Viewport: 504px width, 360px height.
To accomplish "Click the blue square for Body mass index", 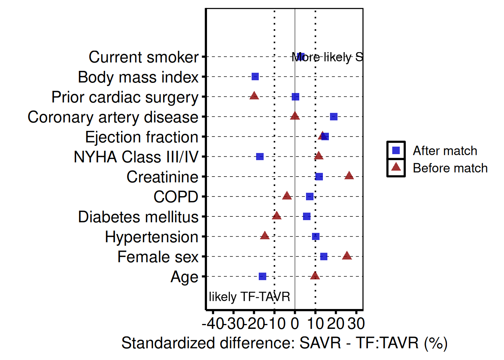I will (x=255, y=76).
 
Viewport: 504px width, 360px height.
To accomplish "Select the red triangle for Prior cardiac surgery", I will (x=254, y=96).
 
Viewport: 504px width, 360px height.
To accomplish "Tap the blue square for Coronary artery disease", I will (x=333, y=117).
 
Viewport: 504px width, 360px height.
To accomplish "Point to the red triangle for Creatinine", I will (x=349, y=175).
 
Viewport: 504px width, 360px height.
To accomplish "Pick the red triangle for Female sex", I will (x=347, y=256).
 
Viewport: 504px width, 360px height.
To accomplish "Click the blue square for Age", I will (x=262, y=276).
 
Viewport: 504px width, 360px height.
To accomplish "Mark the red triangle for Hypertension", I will (x=265, y=235).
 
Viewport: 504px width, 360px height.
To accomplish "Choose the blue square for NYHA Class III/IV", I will (x=260, y=156).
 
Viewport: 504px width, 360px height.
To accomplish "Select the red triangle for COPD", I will (x=287, y=196).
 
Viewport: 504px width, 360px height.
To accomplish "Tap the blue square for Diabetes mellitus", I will (x=307, y=216).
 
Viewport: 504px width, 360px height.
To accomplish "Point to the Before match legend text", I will (x=450, y=168).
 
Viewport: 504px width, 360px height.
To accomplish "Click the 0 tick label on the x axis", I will (x=295, y=324).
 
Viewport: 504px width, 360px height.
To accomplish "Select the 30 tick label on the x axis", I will (x=356, y=324).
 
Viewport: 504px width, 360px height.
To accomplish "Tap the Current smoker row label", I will (x=143, y=57).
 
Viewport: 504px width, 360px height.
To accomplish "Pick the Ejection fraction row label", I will (x=141, y=137).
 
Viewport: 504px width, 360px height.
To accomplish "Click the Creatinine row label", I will (x=162, y=177).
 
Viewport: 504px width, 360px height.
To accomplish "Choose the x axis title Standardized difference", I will (x=284, y=343).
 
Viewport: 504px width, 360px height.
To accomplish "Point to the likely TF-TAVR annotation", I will (x=249, y=297).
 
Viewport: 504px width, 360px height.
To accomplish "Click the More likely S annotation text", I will (x=327, y=57).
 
